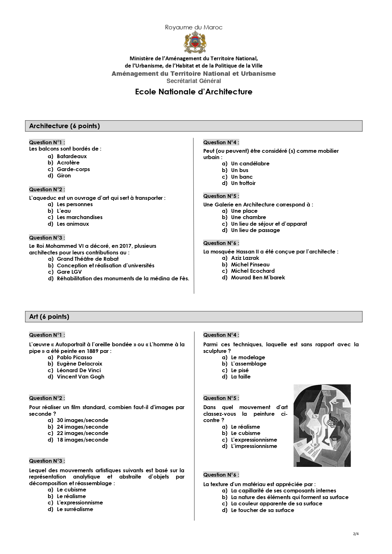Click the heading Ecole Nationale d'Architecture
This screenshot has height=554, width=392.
pos(193,92)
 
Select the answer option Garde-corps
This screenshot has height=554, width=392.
pos(73,169)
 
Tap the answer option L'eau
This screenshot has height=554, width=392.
pos(64,211)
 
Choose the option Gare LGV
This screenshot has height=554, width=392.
pos(69,272)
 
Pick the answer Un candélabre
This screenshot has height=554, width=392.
pos(250,164)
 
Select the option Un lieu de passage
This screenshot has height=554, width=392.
pos(255,230)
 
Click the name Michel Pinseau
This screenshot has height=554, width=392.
pos(250,265)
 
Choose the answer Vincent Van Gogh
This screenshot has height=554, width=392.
pos(80,377)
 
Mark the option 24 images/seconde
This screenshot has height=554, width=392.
pos(82,427)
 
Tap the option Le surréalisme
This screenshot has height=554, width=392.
pos(75,509)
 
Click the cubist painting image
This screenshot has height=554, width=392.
pos(322,425)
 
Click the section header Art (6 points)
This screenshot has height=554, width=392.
pos(49,317)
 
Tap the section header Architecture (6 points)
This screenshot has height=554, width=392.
pos(64,126)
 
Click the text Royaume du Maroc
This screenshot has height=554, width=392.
pos(193,27)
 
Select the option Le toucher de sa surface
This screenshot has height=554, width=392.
pos(262,510)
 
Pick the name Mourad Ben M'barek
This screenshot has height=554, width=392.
pos(258,277)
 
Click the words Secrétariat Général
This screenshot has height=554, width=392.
pos(193,81)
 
